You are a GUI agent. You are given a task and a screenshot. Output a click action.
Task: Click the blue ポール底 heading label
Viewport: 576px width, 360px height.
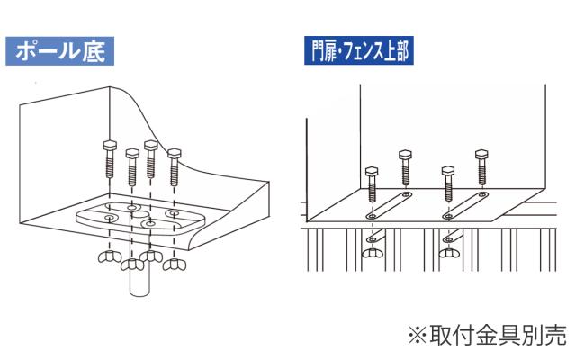[x=60, y=49]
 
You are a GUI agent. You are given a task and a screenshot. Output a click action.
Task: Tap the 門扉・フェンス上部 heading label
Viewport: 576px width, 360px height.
[x=356, y=50]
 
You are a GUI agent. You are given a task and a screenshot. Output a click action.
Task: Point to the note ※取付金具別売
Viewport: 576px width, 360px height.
[x=487, y=335]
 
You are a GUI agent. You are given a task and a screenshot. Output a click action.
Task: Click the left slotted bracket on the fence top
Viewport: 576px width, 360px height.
[x=388, y=206]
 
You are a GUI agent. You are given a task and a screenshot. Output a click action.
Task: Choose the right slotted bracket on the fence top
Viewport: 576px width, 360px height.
[x=465, y=205]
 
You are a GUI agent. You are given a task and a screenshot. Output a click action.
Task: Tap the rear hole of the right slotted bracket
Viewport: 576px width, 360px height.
[x=482, y=194]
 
